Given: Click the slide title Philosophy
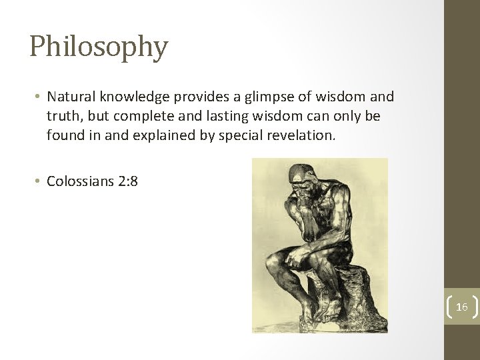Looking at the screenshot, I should click(99, 47).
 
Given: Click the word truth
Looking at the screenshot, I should click(63, 117).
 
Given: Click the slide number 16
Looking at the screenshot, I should click(462, 307).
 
